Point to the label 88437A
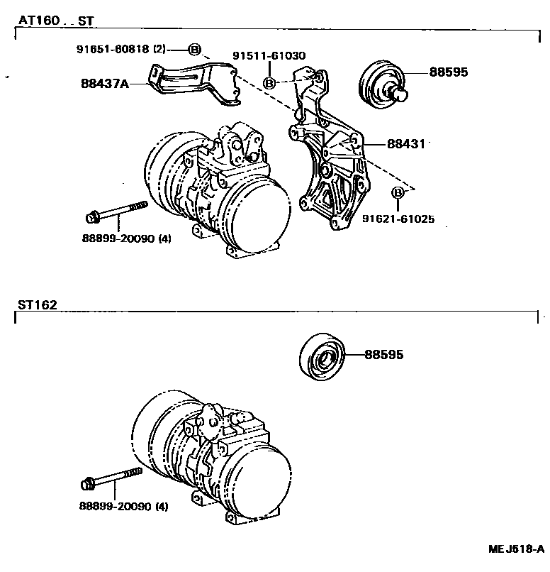pos(105,83)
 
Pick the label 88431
pos(405,143)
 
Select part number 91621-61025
pos(399,220)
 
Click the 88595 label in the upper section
pos(448,72)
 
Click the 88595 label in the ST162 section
pos(384,353)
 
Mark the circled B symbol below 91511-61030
pos(269,83)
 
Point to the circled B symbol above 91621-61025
pos(398,192)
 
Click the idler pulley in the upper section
pos(382,86)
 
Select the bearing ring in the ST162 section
pos(322,356)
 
